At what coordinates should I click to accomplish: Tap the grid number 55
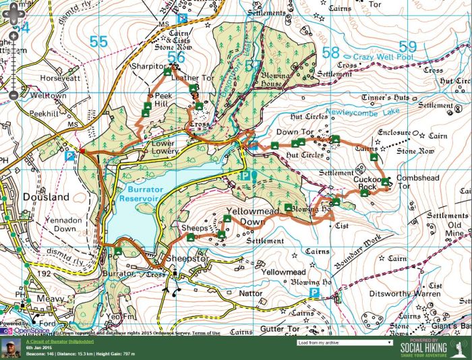(x=98, y=42)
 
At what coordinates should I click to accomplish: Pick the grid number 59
(x=408, y=47)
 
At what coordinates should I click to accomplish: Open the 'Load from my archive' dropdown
(x=345, y=342)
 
